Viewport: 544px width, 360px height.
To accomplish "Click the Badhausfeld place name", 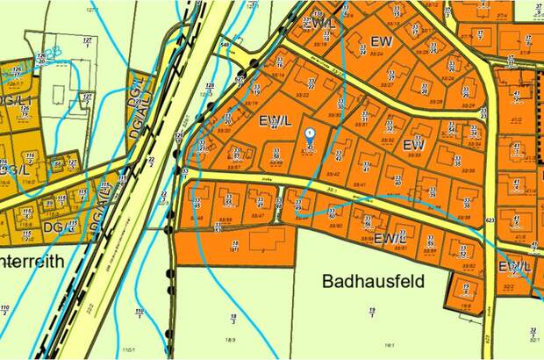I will (x=372, y=282).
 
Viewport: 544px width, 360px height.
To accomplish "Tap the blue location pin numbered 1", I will (x=309, y=134).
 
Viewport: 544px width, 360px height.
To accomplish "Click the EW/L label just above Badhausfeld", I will (x=390, y=238).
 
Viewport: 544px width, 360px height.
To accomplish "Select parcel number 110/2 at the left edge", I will (x=5, y=310).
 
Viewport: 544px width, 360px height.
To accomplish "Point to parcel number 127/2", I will (x=87, y=42).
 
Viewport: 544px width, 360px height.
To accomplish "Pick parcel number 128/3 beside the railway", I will (x=210, y=87).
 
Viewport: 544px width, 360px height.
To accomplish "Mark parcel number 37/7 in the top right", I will (x=480, y=35).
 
